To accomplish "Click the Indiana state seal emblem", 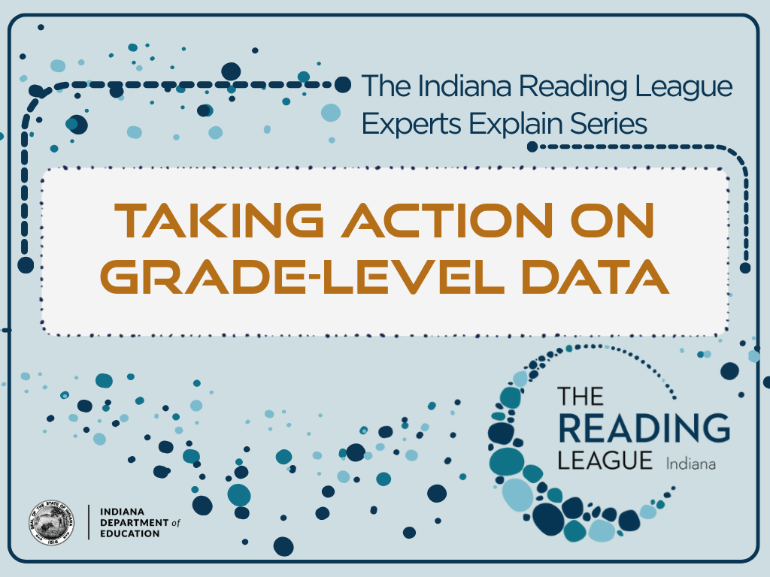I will tap(52, 521).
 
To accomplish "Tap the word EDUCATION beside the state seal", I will tap(129, 533).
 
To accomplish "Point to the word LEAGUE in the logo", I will tap(605, 460).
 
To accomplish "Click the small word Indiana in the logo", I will tap(690, 464).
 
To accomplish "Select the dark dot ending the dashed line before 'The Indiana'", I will tap(342, 84).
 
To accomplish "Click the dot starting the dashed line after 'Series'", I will tap(532, 146).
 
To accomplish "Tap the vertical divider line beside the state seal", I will tap(89, 522).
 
